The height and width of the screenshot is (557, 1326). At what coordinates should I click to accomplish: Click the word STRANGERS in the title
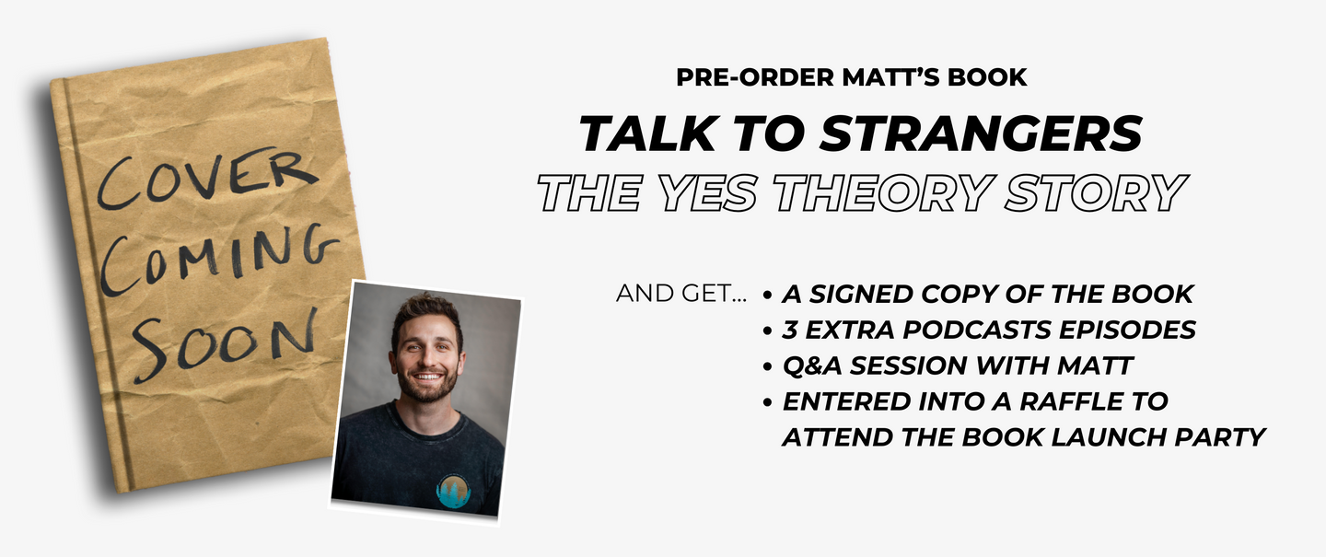(x=981, y=133)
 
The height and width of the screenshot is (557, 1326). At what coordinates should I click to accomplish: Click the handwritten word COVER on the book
(x=207, y=178)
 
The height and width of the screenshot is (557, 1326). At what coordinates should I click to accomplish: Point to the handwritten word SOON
(x=225, y=345)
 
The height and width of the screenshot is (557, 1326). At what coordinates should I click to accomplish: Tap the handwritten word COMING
(x=219, y=261)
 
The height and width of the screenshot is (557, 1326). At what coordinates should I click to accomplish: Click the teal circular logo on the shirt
(x=453, y=492)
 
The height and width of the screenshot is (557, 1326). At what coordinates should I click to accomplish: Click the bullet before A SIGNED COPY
(x=768, y=295)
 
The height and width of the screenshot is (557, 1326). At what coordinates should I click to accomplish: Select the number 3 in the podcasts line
(x=790, y=331)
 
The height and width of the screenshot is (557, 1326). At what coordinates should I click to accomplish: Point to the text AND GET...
(x=680, y=294)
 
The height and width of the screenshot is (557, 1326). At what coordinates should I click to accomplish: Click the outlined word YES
(x=708, y=193)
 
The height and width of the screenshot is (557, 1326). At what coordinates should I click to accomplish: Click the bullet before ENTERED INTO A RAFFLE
(x=768, y=402)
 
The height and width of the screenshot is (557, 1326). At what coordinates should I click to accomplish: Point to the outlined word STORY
(x=1097, y=193)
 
